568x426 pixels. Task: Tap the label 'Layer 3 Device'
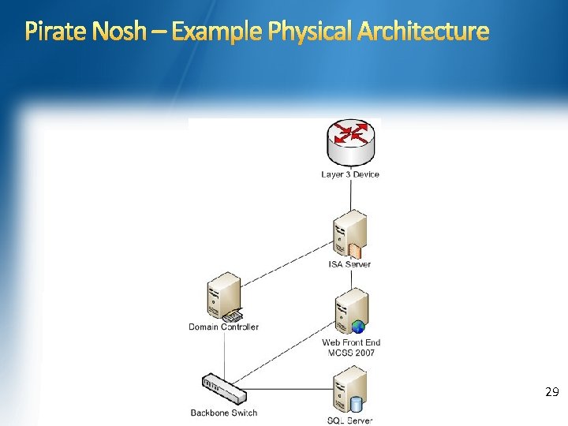point(350,174)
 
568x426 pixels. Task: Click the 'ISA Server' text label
point(349,264)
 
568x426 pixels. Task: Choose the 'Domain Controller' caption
point(223,327)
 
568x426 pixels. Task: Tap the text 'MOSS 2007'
point(352,353)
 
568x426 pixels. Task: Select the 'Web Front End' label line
point(351,342)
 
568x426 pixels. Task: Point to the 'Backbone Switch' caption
point(224,413)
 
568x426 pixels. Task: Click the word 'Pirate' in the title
point(54,32)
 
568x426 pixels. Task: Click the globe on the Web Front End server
point(358,326)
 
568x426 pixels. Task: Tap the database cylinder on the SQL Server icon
point(356,405)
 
